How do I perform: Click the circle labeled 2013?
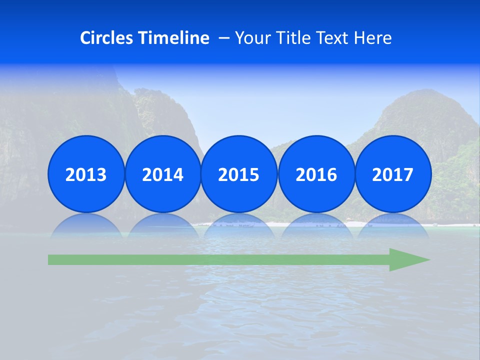click(x=86, y=174)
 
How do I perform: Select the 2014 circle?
click(x=163, y=174)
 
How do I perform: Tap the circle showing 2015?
click(x=239, y=174)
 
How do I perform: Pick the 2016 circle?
click(x=316, y=174)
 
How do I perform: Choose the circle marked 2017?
click(x=393, y=174)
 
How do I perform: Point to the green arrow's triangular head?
click(x=407, y=260)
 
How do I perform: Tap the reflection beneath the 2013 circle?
click(x=86, y=225)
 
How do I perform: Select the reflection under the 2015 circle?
click(x=239, y=225)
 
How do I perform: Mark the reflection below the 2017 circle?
click(x=393, y=225)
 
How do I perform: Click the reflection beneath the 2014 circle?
click(x=163, y=225)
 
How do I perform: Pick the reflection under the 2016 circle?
click(x=316, y=225)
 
